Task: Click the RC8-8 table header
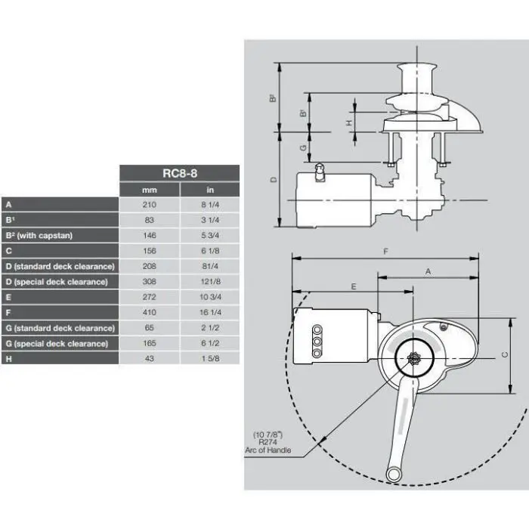[179, 173]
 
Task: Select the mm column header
[149, 189]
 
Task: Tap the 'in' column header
[209, 189]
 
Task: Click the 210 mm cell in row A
[149, 204]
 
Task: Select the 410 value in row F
[149, 312]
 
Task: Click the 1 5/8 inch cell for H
[209, 358]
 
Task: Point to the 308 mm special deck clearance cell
[149, 281]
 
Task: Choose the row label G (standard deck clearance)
[59, 328]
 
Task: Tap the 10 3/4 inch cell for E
[209, 297]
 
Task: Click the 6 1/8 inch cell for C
[209, 250]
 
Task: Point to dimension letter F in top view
[385, 250]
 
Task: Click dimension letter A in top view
[429, 269]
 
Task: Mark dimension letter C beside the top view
[504, 355]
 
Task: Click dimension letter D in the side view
[274, 179]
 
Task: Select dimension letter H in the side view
[348, 122]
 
